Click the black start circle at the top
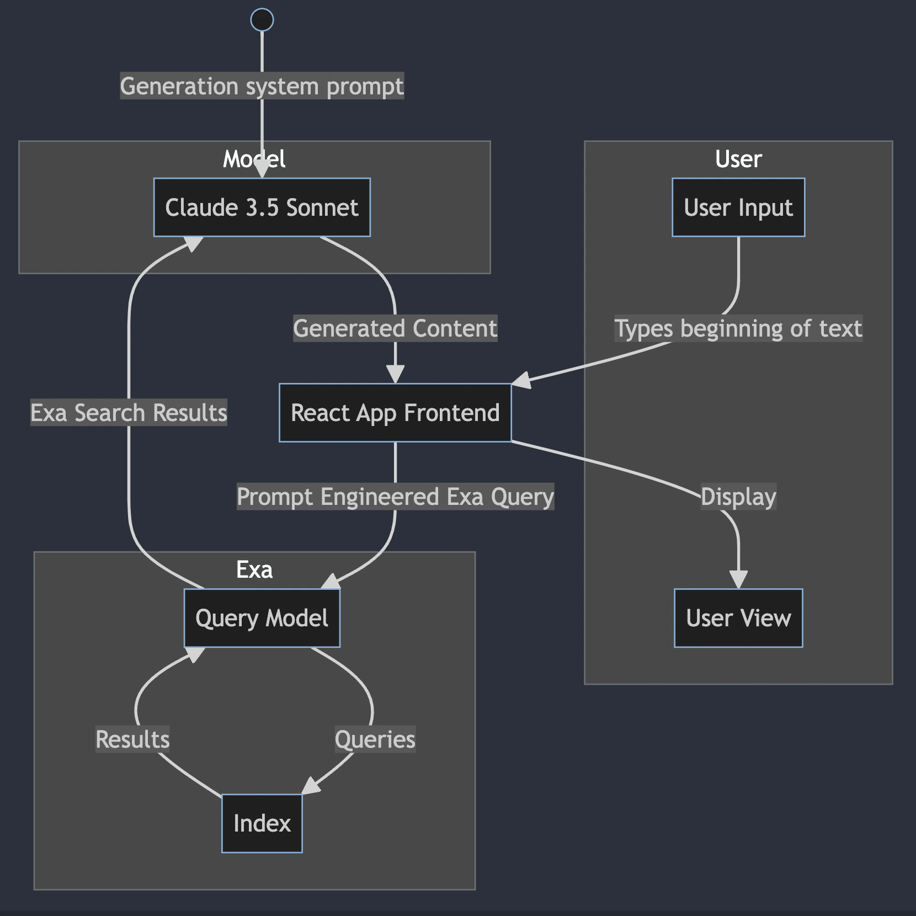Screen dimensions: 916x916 (x=262, y=20)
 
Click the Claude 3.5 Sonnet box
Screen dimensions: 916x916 (x=262, y=207)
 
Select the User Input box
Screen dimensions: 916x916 (x=738, y=207)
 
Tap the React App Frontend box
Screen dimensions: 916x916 (x=395, y=413)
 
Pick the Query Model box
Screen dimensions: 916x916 (x=262, y=618)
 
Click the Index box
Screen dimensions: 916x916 (x=262, y=823)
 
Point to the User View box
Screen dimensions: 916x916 (x=738, y=618)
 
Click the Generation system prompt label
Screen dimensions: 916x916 (x=262, y=86)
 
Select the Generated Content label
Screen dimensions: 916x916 (x=395, y=328)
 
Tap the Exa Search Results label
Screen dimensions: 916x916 (x=129, y=413)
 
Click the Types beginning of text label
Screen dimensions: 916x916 (x=738, y=328)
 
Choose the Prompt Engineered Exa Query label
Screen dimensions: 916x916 (x=395, y=497)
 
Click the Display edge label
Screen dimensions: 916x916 (x=738, y=497)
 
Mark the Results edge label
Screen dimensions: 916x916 (x=132, y=739)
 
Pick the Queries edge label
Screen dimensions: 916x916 (x=375, y=739)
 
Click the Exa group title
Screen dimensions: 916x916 (x=254, y=569)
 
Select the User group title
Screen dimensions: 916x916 (x=738, y=159)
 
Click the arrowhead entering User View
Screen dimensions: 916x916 (x=738, y=579)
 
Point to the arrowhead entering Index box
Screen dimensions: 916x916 (x=310, y=786)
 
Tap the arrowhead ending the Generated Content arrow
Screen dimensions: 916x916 (x=395, y=375)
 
